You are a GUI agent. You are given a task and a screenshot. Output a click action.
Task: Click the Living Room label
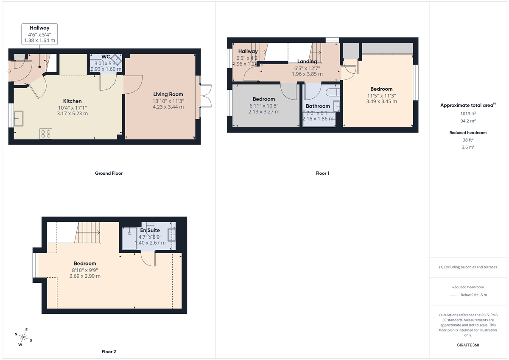pyautogui.click(x=168, y=94)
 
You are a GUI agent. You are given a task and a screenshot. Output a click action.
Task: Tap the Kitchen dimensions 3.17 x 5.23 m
pyautogui.click(x=73, y=114)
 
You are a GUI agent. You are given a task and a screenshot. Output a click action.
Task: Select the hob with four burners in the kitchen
pyautogui.click(x=46, y=134)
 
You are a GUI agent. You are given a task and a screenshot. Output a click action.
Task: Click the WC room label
pyautogui.click(x=106, y=57)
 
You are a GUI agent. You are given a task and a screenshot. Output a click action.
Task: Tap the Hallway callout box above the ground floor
pyautogui.click(x=39, y=34)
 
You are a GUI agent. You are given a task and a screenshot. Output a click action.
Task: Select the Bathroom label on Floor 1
pyautogui.click(x=318, y=106)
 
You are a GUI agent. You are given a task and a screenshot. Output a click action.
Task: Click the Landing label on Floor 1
pyautogui.click(x=307, y=61)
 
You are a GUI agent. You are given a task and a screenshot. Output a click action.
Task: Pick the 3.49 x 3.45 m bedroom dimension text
pyautogui.click(x=381, y=101)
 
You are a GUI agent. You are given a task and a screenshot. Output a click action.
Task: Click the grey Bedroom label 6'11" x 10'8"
pyautogui.click(x=264, y=99)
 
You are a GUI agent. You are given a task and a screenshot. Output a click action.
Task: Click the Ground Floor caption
pyautogui.click(x=109, y=173)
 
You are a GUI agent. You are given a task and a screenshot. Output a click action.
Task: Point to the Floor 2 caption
pyautogui.click(x=109, y=352)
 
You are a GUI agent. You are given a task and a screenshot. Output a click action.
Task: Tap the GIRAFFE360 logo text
pyautogui.click(x=468, y=345)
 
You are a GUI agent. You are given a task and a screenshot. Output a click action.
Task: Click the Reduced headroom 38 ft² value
pyautogui.click(x=468, y=140)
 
